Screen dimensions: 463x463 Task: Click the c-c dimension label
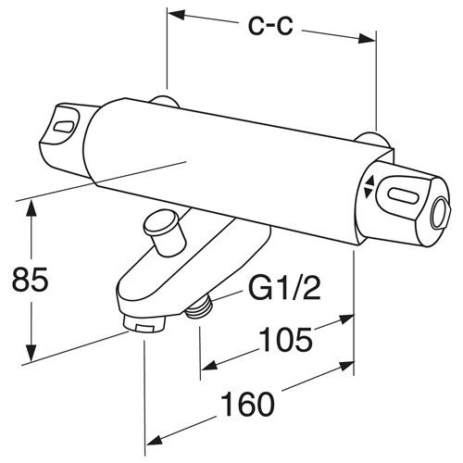[270, 26]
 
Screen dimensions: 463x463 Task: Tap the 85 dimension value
[31, 281]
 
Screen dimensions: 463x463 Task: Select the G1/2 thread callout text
[284, 289]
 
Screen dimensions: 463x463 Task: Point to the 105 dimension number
[285, 340]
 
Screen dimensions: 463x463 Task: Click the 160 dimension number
[248, 404]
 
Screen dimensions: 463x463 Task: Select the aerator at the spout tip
[144, 325]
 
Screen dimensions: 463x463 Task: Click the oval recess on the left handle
[64, 127]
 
